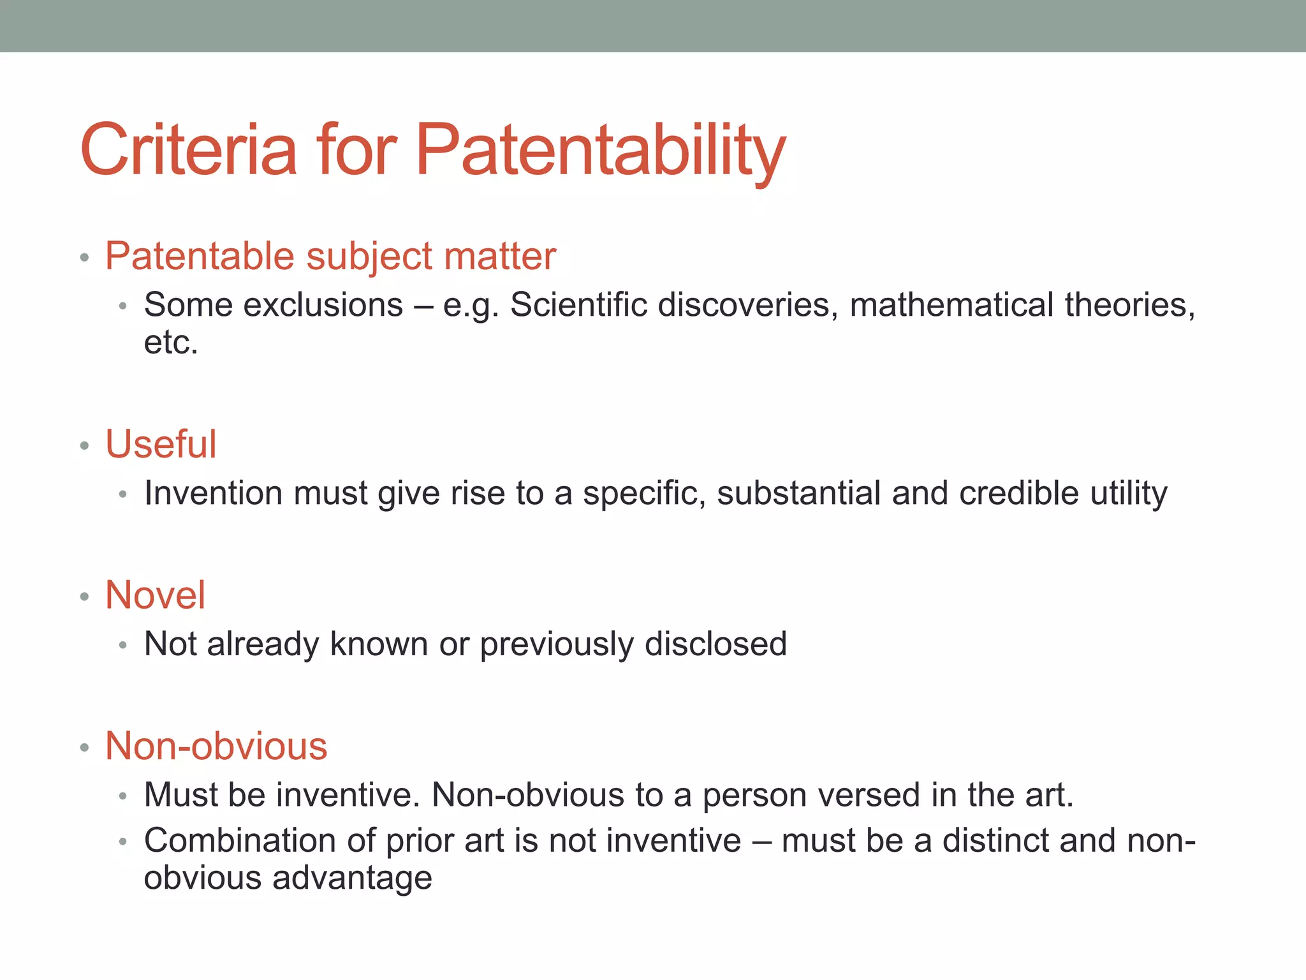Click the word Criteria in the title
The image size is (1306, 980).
189,150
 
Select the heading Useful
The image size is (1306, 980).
161,444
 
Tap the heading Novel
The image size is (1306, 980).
155,595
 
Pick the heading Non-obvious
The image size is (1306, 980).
216,746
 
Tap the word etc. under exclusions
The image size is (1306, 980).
171,343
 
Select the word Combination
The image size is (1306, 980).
240,840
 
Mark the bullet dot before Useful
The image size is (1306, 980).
84,445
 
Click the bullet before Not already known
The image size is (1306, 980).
123,646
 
